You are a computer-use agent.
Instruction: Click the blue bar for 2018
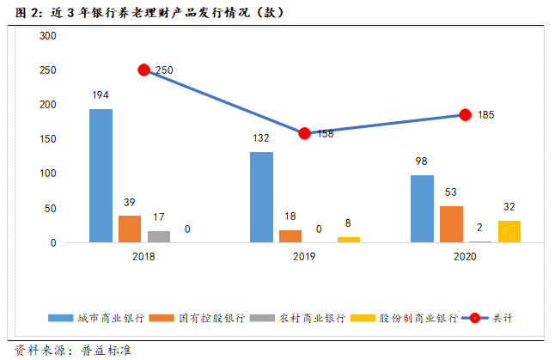[x=101, y=175]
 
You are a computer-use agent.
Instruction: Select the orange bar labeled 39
[x=130, y=229]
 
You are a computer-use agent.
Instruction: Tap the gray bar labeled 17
[x=159, y=236]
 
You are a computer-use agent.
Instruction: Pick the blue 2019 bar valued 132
[x=261, y=197]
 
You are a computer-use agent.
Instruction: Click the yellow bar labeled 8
[x=349, y=240]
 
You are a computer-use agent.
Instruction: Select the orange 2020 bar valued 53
[x=451, y=224]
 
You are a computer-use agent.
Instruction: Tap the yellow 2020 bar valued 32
[x=509, y=231]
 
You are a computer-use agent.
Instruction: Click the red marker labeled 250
[x=144, y=70]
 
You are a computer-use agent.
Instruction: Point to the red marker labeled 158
[x=305, y=133]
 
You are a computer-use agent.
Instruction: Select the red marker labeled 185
[x=465, y=114]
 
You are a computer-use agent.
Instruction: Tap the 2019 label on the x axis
[x=304, y=257]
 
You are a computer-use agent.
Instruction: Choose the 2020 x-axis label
[x=465, y=257]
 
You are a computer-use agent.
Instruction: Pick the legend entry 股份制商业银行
[x=412, y=318]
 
